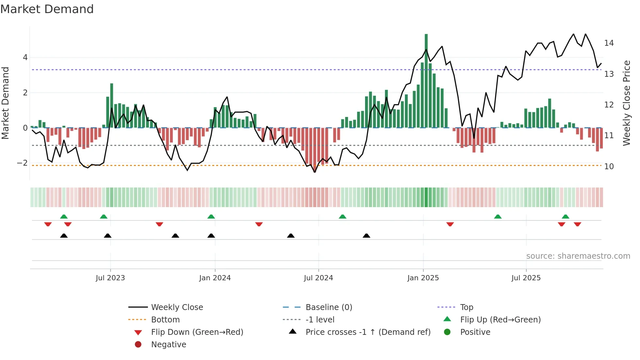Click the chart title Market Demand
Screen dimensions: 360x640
(x=47, y=9)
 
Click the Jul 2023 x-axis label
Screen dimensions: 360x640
(x=110, y=278)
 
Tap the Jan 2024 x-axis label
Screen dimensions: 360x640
(x=215, y=278)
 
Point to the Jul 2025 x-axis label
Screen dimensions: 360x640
(x=526, y=278)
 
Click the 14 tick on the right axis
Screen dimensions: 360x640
(x=609, y=43)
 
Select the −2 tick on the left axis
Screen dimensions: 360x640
(x=23, y=163)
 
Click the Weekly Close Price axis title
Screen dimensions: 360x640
(x=626, y=103)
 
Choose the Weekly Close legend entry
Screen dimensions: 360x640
(x=177, y=307)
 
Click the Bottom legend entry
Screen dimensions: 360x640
(x=165, y=320)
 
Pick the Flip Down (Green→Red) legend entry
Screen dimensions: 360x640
(x=197, y=332)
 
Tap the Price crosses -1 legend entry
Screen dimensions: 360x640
(x=368, y=332)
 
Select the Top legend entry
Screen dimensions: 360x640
(x=467, y=307)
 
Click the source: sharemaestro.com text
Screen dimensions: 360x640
(x=578, y=256)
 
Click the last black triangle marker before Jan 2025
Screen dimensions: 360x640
(x=366, y=236)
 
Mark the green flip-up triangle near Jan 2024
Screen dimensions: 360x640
(x=211, y=217)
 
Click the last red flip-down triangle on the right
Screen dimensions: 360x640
(x=577, y=224)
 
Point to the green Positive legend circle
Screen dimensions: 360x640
(x=447, y=332)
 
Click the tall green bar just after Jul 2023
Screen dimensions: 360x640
(x=112, y=106)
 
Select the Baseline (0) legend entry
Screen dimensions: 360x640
(x=329, y=307)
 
